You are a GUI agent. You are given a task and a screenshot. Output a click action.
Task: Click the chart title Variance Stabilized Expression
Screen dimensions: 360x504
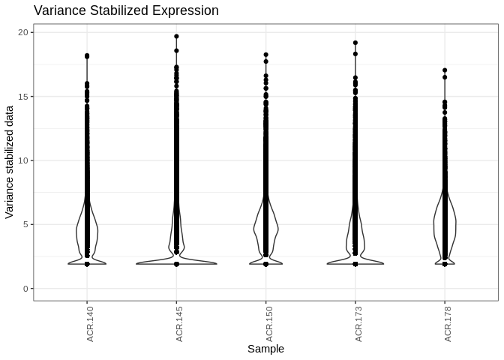[126, 11]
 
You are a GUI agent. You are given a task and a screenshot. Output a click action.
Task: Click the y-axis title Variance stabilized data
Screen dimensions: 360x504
[10, 162]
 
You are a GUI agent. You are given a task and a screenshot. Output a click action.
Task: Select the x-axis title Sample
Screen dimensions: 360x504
[265, 349]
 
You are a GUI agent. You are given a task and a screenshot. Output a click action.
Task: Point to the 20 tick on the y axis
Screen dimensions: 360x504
[23, 32]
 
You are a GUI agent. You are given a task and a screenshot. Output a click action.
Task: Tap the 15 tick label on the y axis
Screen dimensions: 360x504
[23, 97]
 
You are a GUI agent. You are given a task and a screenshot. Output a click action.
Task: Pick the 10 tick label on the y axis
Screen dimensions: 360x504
[23, 160]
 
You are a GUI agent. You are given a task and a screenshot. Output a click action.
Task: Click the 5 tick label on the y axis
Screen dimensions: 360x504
[25, 224]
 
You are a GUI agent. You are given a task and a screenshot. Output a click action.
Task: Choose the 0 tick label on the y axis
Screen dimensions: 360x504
[25, 289]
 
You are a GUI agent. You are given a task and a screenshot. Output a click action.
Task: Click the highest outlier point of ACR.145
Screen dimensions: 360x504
[176, 36]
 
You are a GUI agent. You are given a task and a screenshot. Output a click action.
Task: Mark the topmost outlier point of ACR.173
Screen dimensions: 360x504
[355, 43]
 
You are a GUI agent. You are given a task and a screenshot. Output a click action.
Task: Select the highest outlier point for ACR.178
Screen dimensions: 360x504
[445, 70]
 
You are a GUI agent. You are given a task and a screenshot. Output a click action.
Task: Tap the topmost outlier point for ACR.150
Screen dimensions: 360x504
[266, 55]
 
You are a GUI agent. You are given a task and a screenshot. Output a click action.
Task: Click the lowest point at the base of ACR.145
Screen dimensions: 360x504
[176, 264]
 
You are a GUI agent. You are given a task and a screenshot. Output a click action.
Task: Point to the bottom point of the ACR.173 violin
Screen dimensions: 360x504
[355, 264]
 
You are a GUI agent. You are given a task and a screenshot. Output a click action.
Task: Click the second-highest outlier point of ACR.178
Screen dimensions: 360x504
[445, 77]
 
